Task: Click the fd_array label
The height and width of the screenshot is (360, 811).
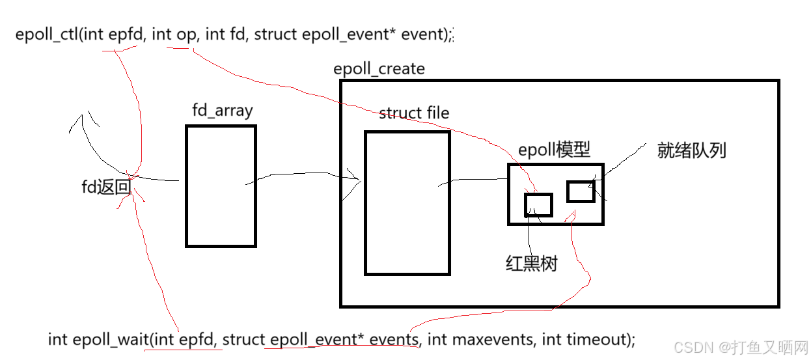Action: tap(222, 111)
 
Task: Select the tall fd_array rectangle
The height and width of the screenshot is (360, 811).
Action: tap(221, 186)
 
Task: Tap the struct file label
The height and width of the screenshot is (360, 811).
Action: tap(414, 113)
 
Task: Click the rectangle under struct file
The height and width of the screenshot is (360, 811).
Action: tap(407, 202)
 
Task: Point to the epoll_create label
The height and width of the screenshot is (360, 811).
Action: tap(379, 69)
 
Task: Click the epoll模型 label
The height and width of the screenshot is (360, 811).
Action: tap(554, 150)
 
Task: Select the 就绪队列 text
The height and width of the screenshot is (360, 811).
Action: tap(691, 151)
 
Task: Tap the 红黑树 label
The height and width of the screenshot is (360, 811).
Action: tap(531, 264)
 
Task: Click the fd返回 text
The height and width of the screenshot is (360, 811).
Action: tap(106, 188)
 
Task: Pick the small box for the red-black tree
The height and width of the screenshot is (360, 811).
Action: tap(538, 205)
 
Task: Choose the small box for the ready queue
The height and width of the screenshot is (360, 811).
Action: tap(580, 191)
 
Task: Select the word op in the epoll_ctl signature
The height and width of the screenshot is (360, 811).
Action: tap(186, 35)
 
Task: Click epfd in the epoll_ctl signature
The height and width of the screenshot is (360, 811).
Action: tap(124, 35)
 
